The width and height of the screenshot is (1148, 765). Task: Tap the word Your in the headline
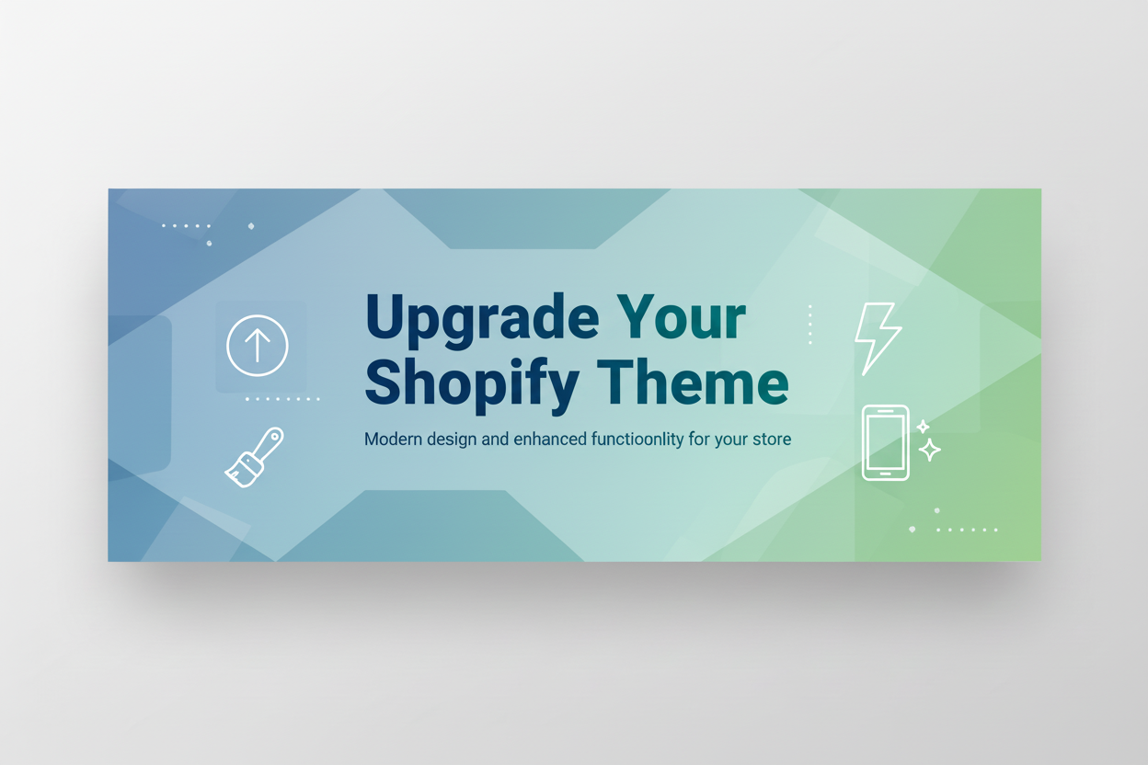pos(681,318)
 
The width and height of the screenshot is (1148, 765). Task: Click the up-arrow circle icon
pos(258,346)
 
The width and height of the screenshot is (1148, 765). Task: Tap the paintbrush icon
pos(255,457)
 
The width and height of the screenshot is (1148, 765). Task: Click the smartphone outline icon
pos(885,442)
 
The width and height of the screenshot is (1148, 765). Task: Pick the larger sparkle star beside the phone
pos(930,450)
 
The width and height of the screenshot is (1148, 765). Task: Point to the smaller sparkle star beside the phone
pos(923,427)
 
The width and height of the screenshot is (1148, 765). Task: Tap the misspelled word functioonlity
pos(626,440)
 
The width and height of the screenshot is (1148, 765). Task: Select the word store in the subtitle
pos(771,440)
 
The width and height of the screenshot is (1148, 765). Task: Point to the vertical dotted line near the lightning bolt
pos(809,325)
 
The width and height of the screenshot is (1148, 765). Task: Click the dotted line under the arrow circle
pos(282,399)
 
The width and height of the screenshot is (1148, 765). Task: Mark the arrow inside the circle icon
pos(258,345)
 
